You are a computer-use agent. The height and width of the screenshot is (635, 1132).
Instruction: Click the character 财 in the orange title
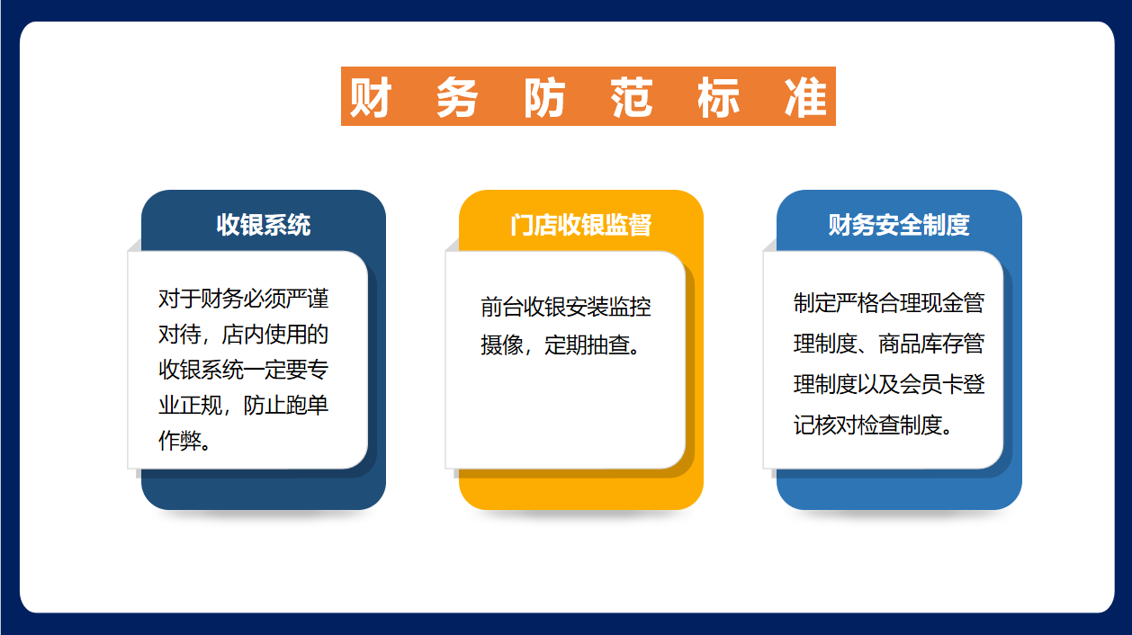371,97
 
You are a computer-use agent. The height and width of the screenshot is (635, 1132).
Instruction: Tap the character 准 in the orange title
805,97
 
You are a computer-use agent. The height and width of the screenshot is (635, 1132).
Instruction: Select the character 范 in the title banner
632,97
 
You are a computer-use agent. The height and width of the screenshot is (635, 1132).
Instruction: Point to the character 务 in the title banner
457,97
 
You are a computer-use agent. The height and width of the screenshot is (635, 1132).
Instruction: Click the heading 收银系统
264,225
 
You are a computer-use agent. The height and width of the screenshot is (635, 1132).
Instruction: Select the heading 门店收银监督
580,225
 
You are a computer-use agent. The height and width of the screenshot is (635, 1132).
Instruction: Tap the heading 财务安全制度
899,225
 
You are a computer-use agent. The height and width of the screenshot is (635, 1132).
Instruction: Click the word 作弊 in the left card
179,441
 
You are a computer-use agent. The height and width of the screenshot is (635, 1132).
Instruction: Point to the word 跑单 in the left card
307,405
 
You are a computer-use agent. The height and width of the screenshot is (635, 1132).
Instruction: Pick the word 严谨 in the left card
307,299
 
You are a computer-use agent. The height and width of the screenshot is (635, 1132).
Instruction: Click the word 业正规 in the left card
190,405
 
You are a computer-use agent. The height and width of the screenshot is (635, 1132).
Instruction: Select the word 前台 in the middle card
501,307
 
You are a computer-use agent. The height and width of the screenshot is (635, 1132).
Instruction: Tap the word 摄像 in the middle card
501,345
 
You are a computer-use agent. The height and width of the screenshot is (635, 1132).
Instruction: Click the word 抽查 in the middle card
608,345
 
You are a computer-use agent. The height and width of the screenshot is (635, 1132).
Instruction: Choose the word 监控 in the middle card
630,307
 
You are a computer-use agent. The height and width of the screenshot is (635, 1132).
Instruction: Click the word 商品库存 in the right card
921,344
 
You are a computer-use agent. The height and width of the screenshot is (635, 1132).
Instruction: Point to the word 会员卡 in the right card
931,384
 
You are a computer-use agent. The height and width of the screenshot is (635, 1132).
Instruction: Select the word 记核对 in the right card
825,425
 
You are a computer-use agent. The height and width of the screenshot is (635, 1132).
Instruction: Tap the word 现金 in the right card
942,302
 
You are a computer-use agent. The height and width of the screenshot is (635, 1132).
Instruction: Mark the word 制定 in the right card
814,302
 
